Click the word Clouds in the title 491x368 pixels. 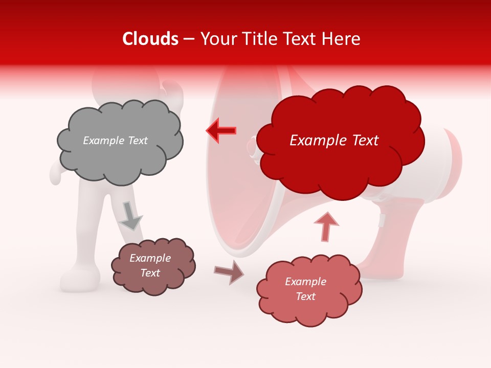click(150, 39)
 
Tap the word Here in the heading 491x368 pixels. click(341, 39)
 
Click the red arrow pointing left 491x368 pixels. click(221, 130)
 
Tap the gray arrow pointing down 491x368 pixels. click(130, 216)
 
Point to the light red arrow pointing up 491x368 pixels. click(326, 226)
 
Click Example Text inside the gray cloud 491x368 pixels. click(115, 141)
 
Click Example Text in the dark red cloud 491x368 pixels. click(334, 141)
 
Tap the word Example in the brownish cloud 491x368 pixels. click(150, 258)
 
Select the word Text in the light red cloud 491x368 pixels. click(305, 296)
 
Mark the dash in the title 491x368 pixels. click(189, 39)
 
